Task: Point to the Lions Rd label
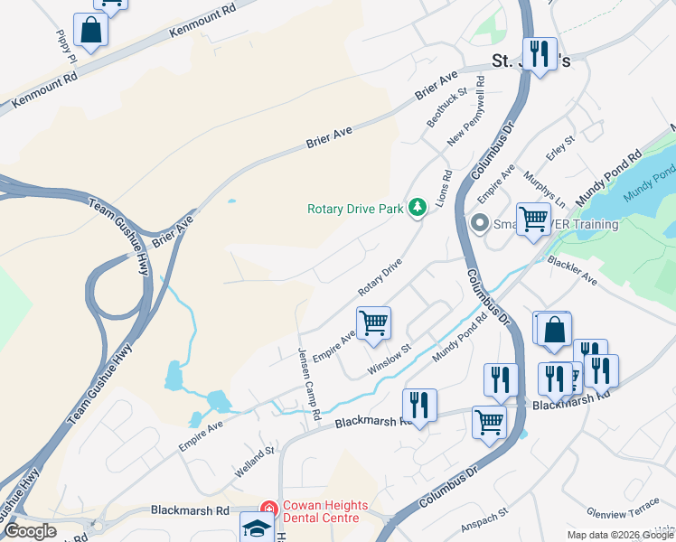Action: (x=445, y=186)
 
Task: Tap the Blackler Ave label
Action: (x=571, y=271)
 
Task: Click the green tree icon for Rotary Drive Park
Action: (x=417, y=209)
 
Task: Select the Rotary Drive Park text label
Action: (x=355, y=209)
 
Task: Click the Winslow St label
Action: (x=390, y=359)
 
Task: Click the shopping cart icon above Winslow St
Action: (x=373, y=322)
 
